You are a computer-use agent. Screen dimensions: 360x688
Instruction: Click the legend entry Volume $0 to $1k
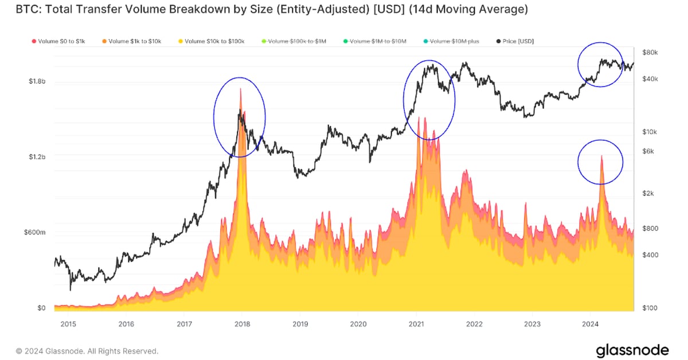pyautogui.click(x=58, y=41)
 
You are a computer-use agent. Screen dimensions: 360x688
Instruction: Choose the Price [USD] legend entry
pyautogui.click(x=518, y=41)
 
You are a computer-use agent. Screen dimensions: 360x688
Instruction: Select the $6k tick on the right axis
pyautogui.click(x=649, y=151)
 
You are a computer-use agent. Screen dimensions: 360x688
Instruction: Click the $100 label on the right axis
pyautogui.click(x=649, y=308)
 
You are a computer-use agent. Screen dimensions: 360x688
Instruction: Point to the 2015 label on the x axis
pyautogui.click(x=68, y=324)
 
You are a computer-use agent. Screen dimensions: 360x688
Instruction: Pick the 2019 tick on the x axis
pyautogui.click(x=299, y=324)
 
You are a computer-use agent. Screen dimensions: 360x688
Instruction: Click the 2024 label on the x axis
pyautogui.click(x=591, y=324)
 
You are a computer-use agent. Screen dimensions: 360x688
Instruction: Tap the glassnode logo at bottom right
pyautogui.click(x=632, y=350)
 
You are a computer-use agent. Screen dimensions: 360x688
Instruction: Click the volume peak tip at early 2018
pyautogui.click(x=241, y=88)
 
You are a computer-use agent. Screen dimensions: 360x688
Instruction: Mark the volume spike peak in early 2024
pyautogui.click(x=601, y=155)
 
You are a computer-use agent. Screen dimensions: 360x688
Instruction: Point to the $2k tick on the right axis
pyautogui.click(x=649, y=194)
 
